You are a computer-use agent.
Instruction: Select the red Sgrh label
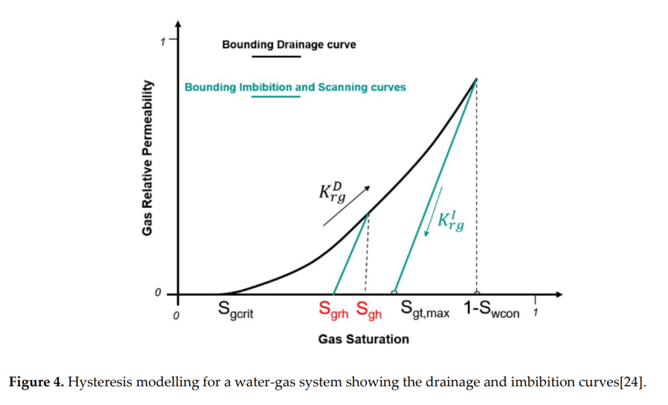334,309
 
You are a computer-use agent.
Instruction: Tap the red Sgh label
369,309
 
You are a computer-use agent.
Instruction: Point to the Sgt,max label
425,309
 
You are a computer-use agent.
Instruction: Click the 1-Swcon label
492,309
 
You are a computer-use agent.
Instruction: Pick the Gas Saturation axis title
363,339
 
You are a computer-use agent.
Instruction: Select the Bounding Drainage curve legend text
289,45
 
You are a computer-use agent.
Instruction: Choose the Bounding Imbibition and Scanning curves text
295,87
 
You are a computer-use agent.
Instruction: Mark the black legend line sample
276,57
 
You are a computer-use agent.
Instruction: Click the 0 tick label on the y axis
158,292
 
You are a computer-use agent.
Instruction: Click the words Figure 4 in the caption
36,381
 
